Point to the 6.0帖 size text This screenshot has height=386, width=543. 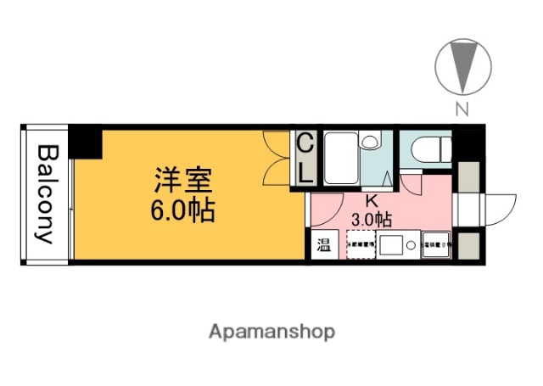[x=178, y=209]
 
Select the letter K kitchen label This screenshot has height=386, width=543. [x=372, y=202]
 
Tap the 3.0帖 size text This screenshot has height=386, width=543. [x=372, y=219]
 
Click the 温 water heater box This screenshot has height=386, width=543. [x=324, y=246]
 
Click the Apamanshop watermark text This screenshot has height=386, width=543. [x=271, y=331]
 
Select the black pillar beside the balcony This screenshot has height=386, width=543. [x=85, y=141]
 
